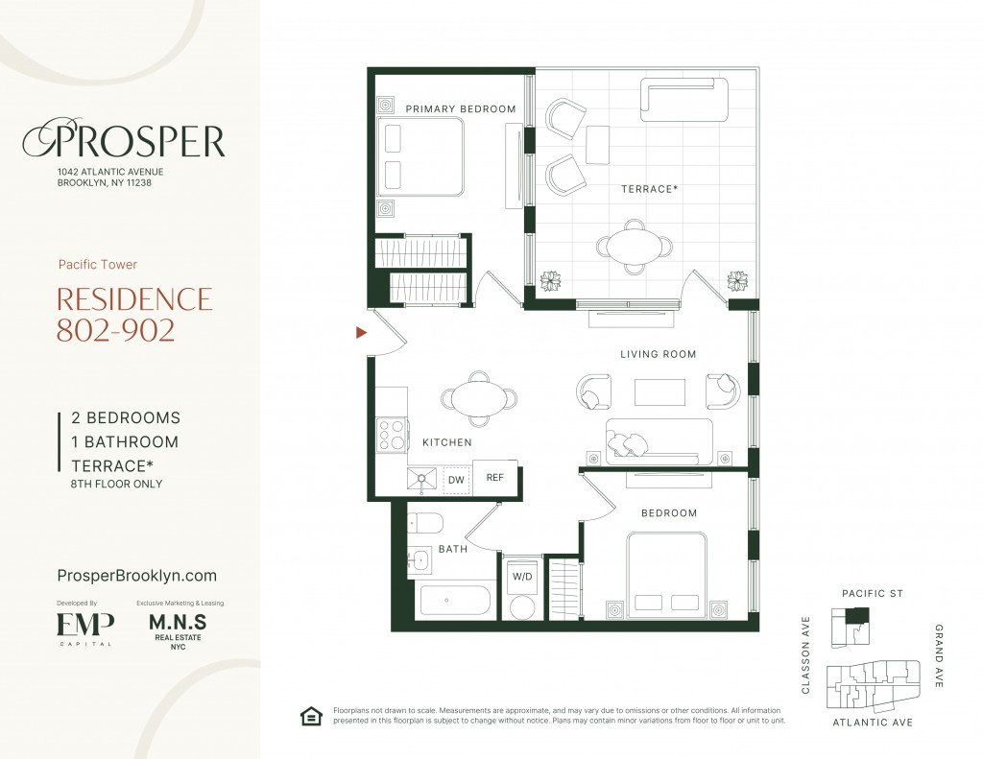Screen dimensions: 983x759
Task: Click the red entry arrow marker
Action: click(x=361, y=332)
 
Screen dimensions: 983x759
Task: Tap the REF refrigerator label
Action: click(x=494, y=478)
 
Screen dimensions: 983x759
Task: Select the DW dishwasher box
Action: click(x=456, y=480)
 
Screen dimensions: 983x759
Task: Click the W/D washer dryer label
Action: click(x=522, y=576)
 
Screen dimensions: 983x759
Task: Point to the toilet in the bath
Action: click(x=425, y=523)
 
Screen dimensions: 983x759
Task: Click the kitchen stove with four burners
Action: click(x=392, y=435)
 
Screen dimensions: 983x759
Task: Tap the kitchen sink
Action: click(x=422, y=480)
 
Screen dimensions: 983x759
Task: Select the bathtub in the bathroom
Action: click(x=455, y=601)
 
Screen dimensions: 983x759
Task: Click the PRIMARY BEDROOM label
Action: click(x=461, y=109)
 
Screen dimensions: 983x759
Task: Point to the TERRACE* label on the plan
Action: click(x=650, y=189)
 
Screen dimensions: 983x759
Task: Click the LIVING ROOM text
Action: click(x=659, y=354)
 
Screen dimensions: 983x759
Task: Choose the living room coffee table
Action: click(x=659, y=392)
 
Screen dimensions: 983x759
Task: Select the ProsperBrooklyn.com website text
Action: click(x=136, y=576)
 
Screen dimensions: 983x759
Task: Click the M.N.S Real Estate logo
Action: click(x=178, y=630)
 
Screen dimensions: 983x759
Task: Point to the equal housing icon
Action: click(x=311, y=716)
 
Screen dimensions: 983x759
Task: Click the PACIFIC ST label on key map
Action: click(x=872, y=594)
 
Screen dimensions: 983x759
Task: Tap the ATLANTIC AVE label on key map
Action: click(x=873, y=722)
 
